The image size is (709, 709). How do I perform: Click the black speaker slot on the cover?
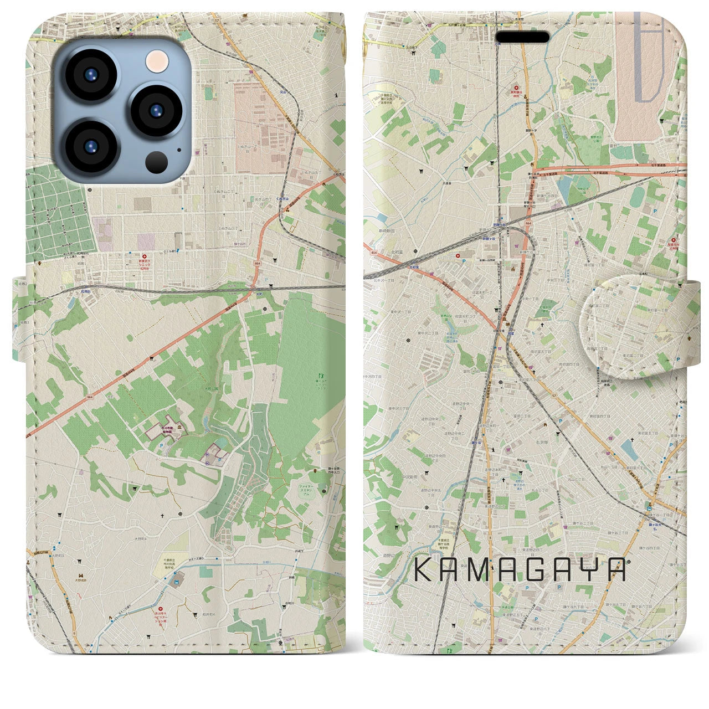tap(522, 37)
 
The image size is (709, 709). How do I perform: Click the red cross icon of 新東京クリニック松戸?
tap(145, 256)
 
